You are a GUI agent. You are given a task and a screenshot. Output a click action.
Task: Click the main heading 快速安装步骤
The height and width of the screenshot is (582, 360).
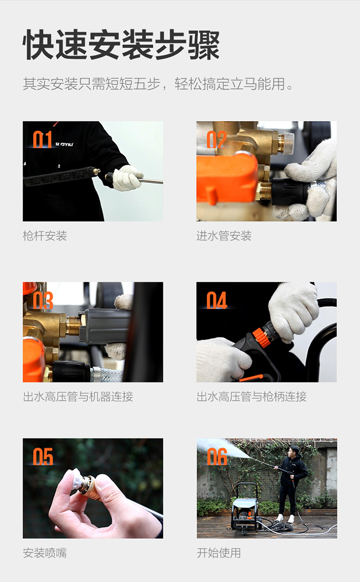click(x=121, y=44)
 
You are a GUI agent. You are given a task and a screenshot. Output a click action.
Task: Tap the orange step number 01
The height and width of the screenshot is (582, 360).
click(x=42, y=139)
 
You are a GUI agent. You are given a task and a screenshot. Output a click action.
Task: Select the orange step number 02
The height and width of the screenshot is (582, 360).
click(x=216, y=139)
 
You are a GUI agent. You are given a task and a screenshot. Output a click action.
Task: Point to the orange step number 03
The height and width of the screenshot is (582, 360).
click(x=43, y=300)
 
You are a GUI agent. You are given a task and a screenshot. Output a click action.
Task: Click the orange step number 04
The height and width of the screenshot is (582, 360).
click(x=216, y=300)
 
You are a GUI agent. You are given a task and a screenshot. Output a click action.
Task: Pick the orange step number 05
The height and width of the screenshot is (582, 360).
click(x=43, y=457)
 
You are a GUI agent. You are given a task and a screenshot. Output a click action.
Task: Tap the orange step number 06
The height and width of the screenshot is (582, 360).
click(x=217, y=457)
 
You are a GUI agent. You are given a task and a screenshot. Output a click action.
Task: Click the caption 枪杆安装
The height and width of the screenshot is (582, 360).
click(x=45, y=236)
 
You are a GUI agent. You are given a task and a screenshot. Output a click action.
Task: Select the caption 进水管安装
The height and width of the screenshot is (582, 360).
click(x=224, y=236)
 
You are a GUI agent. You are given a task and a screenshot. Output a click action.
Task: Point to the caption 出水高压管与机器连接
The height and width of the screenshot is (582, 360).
click(x=78, y=397)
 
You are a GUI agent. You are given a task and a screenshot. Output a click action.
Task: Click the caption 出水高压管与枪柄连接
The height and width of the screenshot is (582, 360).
click(x=252, y=397)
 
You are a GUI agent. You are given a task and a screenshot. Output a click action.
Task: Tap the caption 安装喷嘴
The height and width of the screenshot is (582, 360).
click(x=45, y=553)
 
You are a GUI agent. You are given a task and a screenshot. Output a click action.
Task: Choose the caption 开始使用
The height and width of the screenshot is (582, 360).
click(x=219, y=553)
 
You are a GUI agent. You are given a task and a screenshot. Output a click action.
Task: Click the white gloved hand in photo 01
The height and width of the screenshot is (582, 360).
click(x=127, y=178)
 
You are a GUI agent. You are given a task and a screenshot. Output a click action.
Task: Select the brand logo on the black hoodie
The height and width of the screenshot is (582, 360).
click(x=64, y=144)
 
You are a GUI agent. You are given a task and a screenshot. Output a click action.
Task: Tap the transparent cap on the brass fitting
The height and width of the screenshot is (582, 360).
click(x=289, y=143)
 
